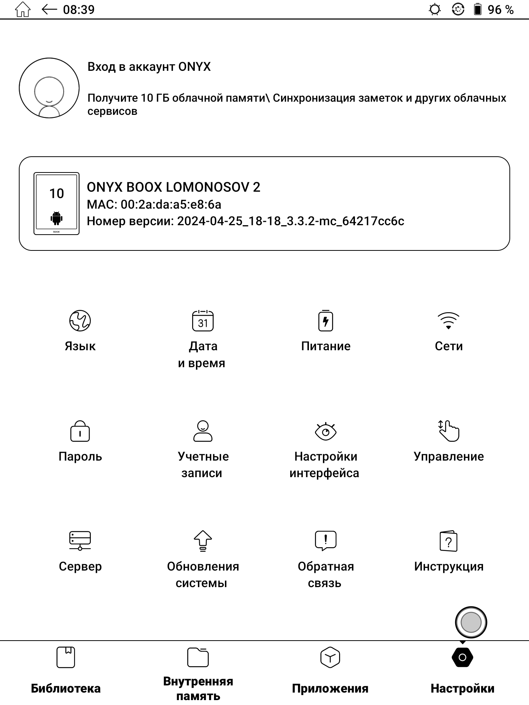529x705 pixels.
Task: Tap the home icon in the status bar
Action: (x=23, y=9)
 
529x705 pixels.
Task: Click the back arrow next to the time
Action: (x=49, y=9)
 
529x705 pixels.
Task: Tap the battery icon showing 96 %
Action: (x=477, y=9)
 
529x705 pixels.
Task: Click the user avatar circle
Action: (x=49, y=88)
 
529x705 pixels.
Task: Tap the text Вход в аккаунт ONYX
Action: (x=149, y=67)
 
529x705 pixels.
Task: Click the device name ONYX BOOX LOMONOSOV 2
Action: (x=173, y=187)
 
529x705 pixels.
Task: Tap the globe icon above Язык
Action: (x=80, y=321)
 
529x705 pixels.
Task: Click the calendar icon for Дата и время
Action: (x=203, y=321)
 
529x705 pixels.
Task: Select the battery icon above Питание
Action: (x=326, y=321)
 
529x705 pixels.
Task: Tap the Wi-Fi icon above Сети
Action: (x=448, y=321)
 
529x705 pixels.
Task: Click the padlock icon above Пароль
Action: (x=80, y=431)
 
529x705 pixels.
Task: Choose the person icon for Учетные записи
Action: (x=203, y=431)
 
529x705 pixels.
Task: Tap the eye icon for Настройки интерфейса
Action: (x=326, y=431)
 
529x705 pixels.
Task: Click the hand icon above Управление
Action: (x=448, y=431)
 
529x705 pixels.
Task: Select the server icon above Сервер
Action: (x=80, y=541)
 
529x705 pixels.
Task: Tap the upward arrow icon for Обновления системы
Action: (x=203, y=541)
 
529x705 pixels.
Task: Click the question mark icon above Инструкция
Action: (x=448, y=541)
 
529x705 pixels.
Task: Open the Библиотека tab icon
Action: (x=66, y=657)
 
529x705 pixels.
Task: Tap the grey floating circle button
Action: (x=471, y=623)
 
